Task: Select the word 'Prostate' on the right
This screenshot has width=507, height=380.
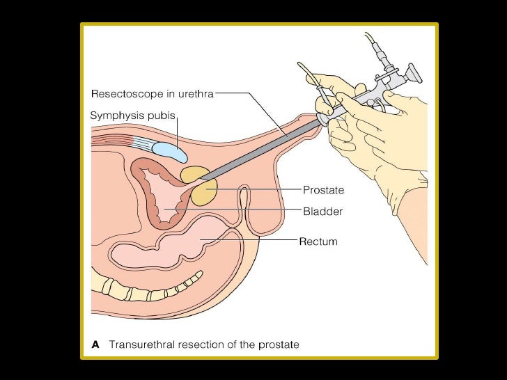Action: click(x=323, y=189)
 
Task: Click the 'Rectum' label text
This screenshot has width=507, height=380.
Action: click(x=318, y=242)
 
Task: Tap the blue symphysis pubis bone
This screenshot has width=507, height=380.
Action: click(x=164, y=148)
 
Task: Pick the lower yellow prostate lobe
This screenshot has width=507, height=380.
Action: click(x=204, y=191)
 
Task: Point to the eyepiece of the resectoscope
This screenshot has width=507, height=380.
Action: click(x=412, y=72)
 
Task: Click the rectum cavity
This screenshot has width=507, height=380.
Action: click(x=202, y=244)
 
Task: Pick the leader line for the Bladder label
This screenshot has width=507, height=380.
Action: click(x=237, y=209)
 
